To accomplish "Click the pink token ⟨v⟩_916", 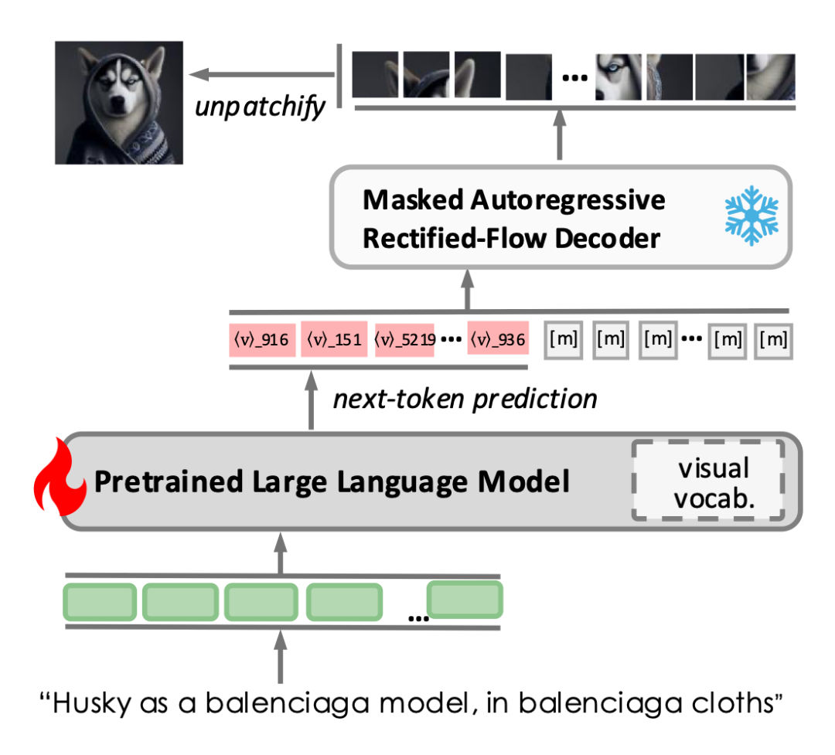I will click(262, 338).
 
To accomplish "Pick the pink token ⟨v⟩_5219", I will click(404, 338).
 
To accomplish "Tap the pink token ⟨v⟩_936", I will click(498, 338).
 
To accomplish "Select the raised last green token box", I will click(465, 600).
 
